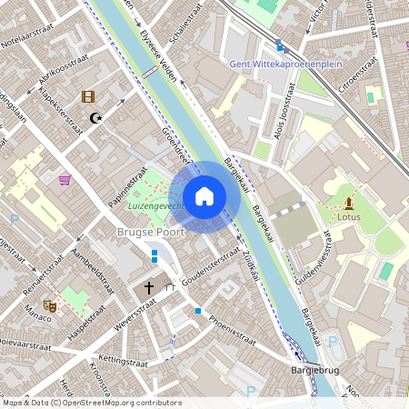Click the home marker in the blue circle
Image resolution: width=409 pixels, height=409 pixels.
204,195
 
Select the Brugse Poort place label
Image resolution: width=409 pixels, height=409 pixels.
150,233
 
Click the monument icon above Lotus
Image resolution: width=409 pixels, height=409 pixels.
348,202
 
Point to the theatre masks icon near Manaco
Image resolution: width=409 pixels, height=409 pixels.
50,307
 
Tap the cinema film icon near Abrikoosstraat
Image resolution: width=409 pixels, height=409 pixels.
87,96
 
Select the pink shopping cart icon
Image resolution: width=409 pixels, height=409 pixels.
65,180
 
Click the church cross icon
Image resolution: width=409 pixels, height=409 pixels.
149,288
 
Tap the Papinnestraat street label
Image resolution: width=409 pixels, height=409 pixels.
128,187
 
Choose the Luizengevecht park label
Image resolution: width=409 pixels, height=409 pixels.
155,206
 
